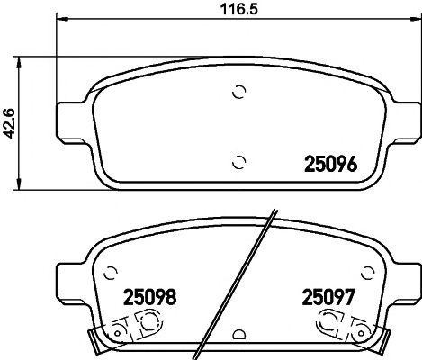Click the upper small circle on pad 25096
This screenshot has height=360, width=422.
(x=238, y=90)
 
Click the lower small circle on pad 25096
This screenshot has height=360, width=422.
(x=238, y=162)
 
